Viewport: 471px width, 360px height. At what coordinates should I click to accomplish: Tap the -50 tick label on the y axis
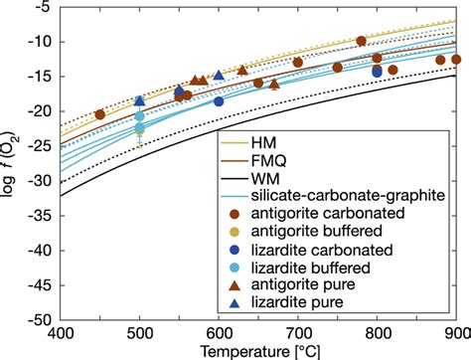[x=41, y=320]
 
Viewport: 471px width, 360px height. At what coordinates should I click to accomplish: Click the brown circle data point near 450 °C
[x=99, y=114]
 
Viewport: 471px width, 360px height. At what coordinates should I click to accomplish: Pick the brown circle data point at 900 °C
[x=456, y=60]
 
